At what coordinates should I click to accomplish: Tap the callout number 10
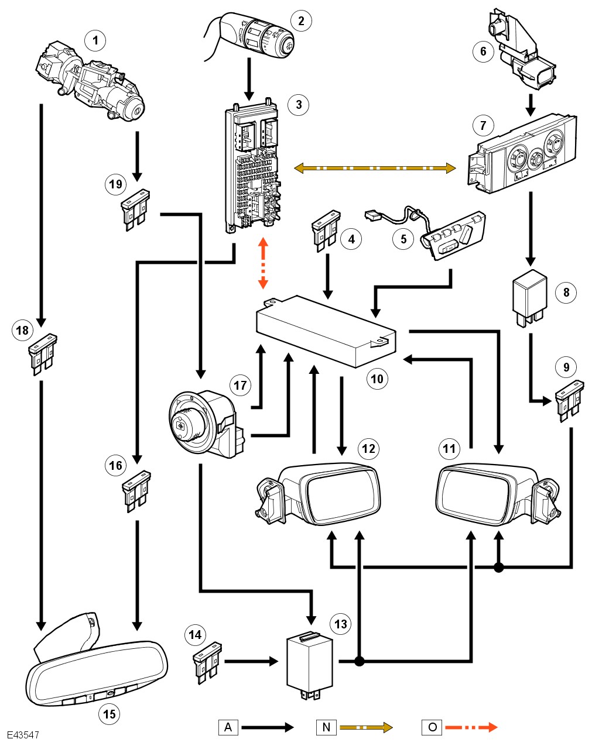[377, 379]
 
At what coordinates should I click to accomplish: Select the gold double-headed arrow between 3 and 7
[375, 169]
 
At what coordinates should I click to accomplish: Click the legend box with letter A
[228, 727]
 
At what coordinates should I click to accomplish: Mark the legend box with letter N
[326, 727]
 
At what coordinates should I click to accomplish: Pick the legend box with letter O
[432, 727]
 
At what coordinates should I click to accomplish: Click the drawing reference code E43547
[23, 735]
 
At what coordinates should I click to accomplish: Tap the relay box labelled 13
[309, 664]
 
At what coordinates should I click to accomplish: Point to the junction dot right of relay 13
[360, 661]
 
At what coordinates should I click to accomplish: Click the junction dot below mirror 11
[498, 567]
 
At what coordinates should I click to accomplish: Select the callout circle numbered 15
[109, 713]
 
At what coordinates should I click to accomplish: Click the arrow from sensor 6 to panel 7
[531, 104]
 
